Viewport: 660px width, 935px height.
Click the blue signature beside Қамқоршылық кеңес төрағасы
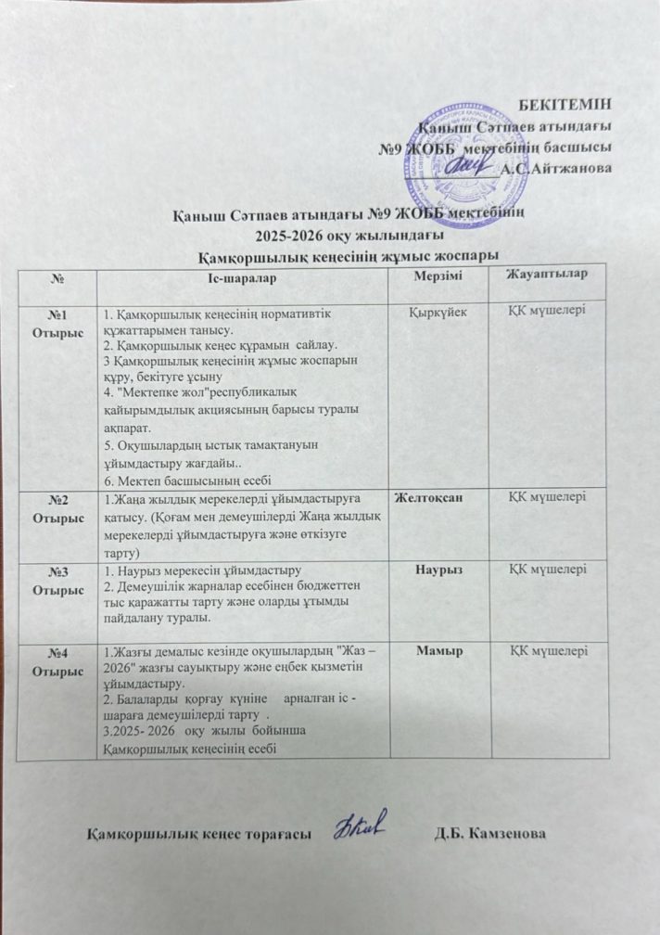point(362,824)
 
